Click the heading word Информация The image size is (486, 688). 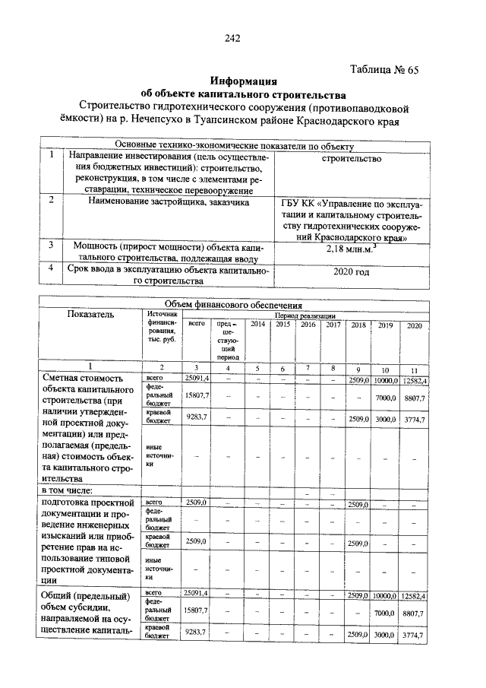(x=244, y=81)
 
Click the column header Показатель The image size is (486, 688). (x=90, y=314)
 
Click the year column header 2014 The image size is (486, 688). (x=258, y=325)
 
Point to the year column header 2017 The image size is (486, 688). (x=333, y=325)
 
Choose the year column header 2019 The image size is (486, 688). (x=385, y=325)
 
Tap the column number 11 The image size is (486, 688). (x=414, y=368)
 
